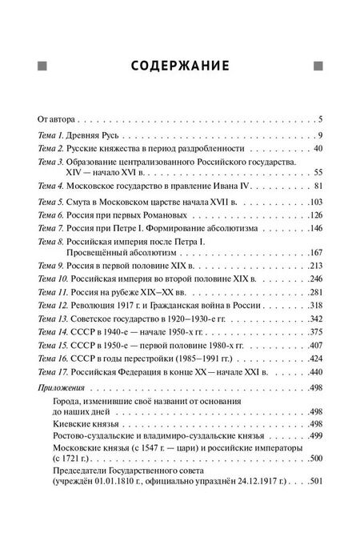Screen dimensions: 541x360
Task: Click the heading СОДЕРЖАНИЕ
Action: (179, 64)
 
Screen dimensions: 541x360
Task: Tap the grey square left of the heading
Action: (42, 64)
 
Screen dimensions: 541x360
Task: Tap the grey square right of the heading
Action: (318, 64)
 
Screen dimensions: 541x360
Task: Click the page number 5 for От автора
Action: (318, 118)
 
